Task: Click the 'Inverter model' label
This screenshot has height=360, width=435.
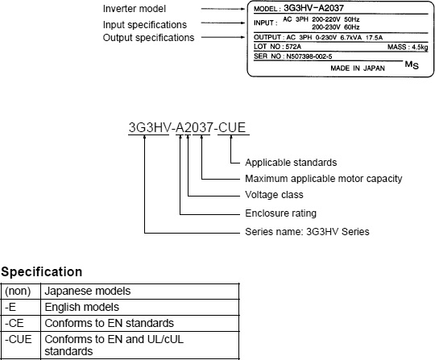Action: pos(135,9)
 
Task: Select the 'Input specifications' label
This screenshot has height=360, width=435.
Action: pos(145,25)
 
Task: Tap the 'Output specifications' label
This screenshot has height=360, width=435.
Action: pos(148,38)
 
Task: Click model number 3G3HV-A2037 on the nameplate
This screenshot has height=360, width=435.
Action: pos(313,8)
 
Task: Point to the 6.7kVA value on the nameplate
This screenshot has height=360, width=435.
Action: pos(351,37)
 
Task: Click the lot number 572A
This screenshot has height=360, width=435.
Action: pos(293,47)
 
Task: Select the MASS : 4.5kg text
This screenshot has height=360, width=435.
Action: pos(408,48)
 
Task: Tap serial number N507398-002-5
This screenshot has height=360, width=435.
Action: pos(309,56)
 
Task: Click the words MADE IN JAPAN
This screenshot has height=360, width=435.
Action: pos(358,68)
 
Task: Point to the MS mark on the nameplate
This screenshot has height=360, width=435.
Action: pos(412,65)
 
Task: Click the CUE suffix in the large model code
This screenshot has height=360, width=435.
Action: pos(232,127)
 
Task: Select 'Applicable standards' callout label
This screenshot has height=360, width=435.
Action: pos(291,163)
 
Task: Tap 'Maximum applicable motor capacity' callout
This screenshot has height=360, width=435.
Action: pos(324,179)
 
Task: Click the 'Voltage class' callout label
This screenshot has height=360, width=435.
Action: pos(274,195)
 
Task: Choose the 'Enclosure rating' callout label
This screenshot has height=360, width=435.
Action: pos(281,213)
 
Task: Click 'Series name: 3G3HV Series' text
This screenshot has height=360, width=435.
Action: pos(307,232)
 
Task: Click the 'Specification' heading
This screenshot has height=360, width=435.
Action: pos(42,272)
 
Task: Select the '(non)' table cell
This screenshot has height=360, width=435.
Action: pos(18,292)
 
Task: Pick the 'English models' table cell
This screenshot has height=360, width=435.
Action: pos(82,308)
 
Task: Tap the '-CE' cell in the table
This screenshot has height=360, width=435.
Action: pos(14,324)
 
